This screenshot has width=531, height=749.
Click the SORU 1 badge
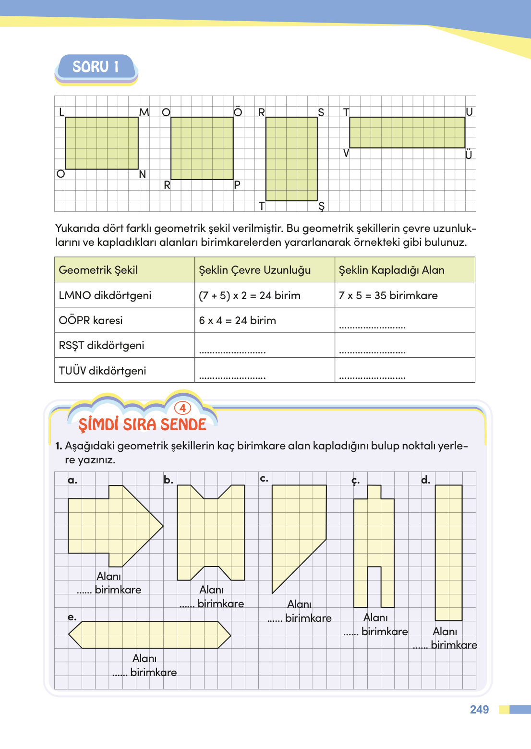[x=96, y=67]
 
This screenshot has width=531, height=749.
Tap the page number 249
[x=479, y=710]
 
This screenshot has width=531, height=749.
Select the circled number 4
[x=182, y=408]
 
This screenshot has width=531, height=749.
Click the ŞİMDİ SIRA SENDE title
[x=142, y=424]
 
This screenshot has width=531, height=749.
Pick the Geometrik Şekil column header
[x=98, y=270]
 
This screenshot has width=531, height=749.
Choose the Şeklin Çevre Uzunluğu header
[x=254, y=270]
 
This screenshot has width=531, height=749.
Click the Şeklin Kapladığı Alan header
[x=391, y=270]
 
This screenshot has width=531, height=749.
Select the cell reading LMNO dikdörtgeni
[x=105, y=295]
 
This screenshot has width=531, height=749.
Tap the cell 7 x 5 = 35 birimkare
[x=388, y=295]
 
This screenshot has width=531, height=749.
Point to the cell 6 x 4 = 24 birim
[x=237, y=320]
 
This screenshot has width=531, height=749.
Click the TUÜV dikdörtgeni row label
[x=102, y=371]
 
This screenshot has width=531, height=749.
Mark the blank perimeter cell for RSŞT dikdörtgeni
[x=264, y=346]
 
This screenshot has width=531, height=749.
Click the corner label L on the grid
[x=61, y=112]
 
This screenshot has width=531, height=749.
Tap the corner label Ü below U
[x=469, y=155]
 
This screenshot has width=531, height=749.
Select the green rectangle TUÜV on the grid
[x=407, y=133]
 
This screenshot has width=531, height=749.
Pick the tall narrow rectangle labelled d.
[x=448, y=552]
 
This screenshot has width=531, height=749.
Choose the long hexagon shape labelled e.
[x=149, y=635]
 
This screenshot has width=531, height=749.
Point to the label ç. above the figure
[x=355, y=480]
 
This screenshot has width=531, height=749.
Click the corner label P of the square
[x=237, y=185]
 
